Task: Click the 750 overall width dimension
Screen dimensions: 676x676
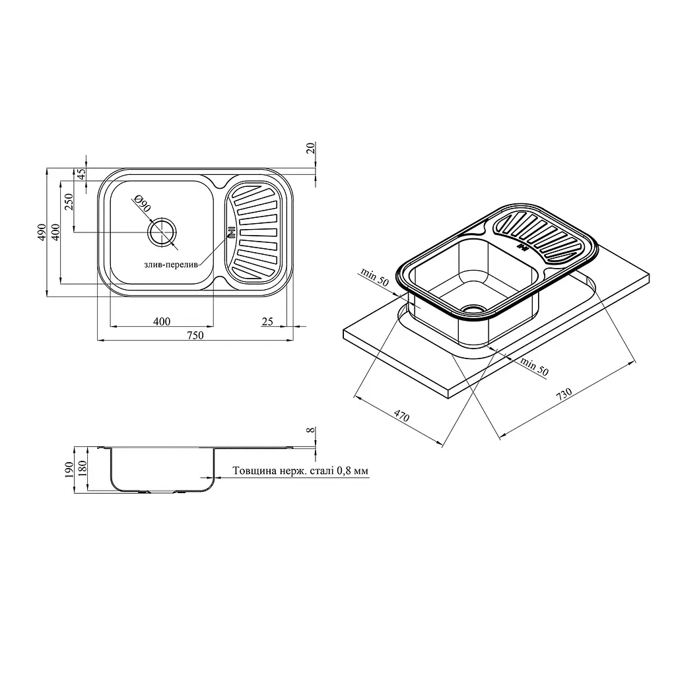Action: click(x=195, y=335)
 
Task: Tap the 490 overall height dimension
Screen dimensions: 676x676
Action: click(x=42, y=232)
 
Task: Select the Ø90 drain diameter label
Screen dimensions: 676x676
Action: click(x=143, y=203)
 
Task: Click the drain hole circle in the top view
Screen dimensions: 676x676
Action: click(x=162, y=233)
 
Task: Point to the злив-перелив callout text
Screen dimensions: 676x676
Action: click(x=171, y=265)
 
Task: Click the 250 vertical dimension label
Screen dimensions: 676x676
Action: click(x=69, y=202)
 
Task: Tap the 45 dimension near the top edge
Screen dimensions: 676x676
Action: click(x=81, y=174)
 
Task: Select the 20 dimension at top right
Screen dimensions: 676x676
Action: click(x=312, y=148)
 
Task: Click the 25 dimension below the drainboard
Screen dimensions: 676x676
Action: click(x=267, y=321)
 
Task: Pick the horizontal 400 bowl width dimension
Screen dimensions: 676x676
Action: click(x=162, y=321)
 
